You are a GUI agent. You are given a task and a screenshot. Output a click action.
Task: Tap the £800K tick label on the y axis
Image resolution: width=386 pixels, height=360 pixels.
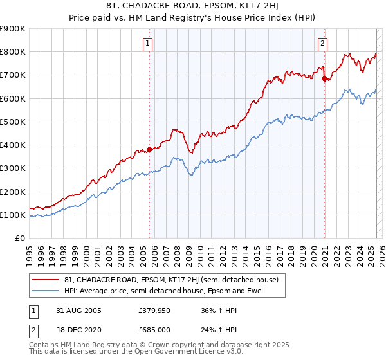[13, 52]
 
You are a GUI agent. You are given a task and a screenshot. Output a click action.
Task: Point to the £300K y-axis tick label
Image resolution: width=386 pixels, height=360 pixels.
[13, 168]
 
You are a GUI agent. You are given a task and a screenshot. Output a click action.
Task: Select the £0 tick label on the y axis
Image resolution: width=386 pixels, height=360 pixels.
[21, 239]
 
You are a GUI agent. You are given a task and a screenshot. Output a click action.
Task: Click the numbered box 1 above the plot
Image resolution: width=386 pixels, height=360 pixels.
[148, 44]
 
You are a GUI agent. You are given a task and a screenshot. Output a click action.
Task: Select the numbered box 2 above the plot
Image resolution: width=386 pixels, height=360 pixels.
[322, 44]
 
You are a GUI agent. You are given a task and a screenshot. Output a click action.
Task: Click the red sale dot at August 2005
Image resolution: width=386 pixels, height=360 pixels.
[150, 149]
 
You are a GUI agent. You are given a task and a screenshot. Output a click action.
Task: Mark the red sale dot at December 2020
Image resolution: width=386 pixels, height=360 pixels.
[324, 78]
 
